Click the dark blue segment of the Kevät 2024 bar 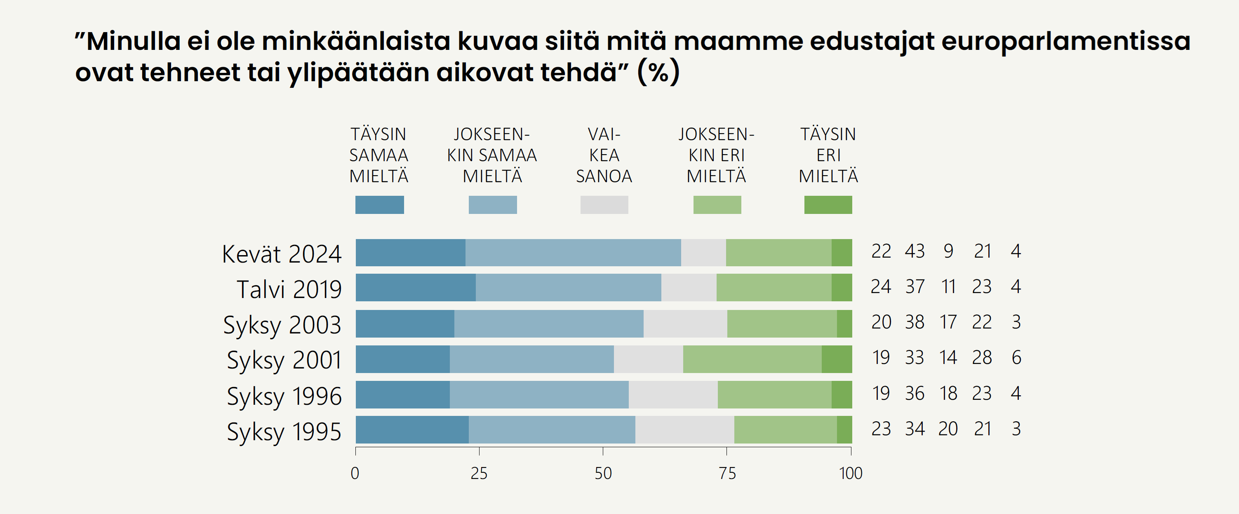410,252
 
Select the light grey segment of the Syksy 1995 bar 684,430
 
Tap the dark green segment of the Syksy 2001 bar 837,359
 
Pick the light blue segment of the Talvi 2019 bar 568,288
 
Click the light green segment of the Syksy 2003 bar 782,324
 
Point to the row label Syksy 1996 284,396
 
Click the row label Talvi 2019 289,289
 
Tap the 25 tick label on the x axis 479,474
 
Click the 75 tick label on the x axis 727,474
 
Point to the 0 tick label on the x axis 355,474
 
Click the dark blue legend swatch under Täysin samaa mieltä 379,205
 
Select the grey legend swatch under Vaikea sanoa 604,205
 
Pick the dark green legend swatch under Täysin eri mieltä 828,205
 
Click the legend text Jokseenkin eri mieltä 716,155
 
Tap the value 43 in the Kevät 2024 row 915,251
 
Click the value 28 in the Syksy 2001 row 982,358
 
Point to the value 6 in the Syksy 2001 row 1016,358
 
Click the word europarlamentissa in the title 1065,41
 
